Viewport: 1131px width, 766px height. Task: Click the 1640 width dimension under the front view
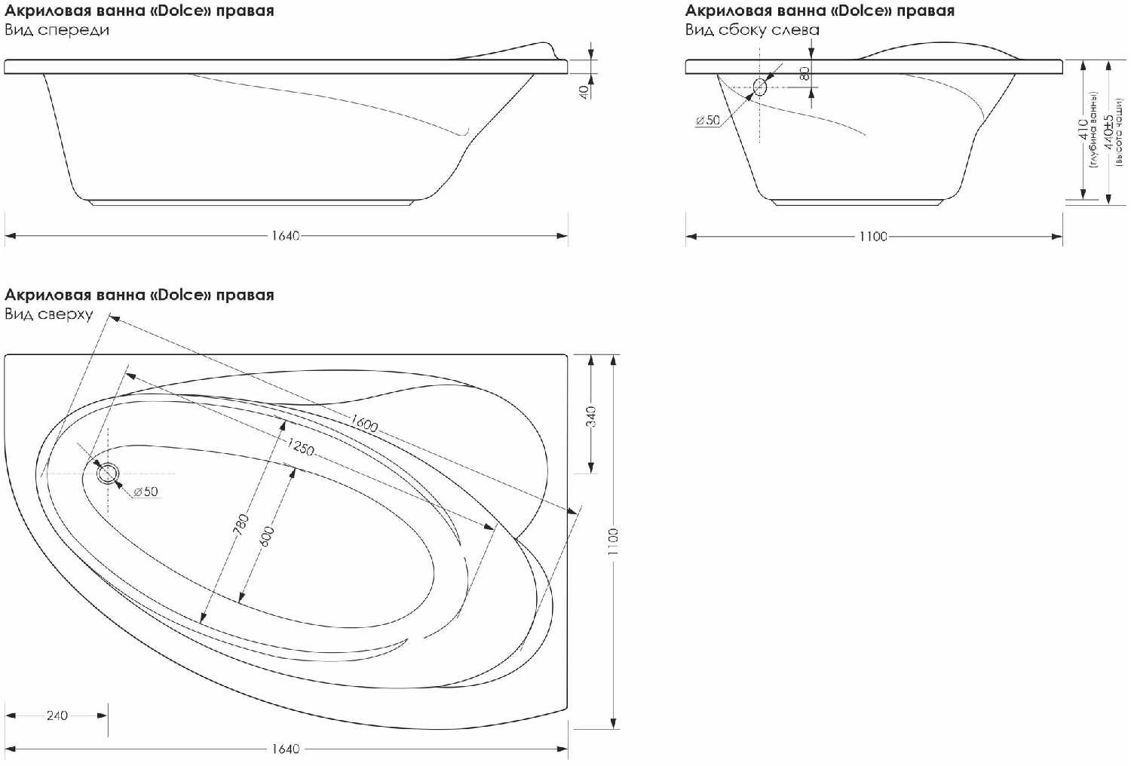pos(285,236)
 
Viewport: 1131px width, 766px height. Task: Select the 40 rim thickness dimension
pos(584,92)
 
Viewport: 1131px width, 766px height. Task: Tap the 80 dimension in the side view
pos(805,74)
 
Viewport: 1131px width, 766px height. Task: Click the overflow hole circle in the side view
pos(760,87)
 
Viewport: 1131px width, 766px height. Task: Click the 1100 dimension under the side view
pos(873,236)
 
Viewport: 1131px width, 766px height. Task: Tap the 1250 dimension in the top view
pos(301,446)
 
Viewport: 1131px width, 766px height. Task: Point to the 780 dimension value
pos(242,525)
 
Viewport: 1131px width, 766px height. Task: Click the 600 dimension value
pos(267,536)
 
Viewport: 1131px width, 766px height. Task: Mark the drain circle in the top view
pos(108,473)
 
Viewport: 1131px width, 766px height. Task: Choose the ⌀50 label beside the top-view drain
pos(146,492)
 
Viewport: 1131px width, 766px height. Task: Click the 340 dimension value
pos(590,417)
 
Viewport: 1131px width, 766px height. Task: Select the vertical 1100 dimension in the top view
pos(613,542)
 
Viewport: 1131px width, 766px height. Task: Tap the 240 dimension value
pos(57,715)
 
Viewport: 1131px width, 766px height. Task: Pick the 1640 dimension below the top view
pos(285,749)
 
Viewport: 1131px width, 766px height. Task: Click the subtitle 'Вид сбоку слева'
pos(752,30)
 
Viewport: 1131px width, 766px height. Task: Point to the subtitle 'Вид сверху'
pos(48,314)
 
